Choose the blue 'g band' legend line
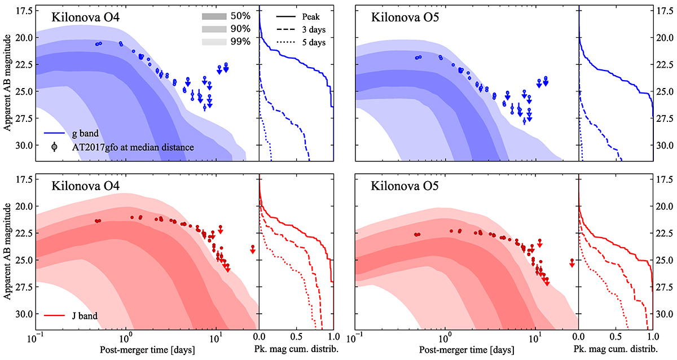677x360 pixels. [55, 134]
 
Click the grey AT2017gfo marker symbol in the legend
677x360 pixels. [54, 147]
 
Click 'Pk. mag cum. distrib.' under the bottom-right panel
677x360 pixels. [616, 350]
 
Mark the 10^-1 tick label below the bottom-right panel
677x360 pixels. [355, 340]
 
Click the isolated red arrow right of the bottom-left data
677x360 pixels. [253, 249]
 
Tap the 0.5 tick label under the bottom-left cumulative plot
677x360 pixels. [296, 340]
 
